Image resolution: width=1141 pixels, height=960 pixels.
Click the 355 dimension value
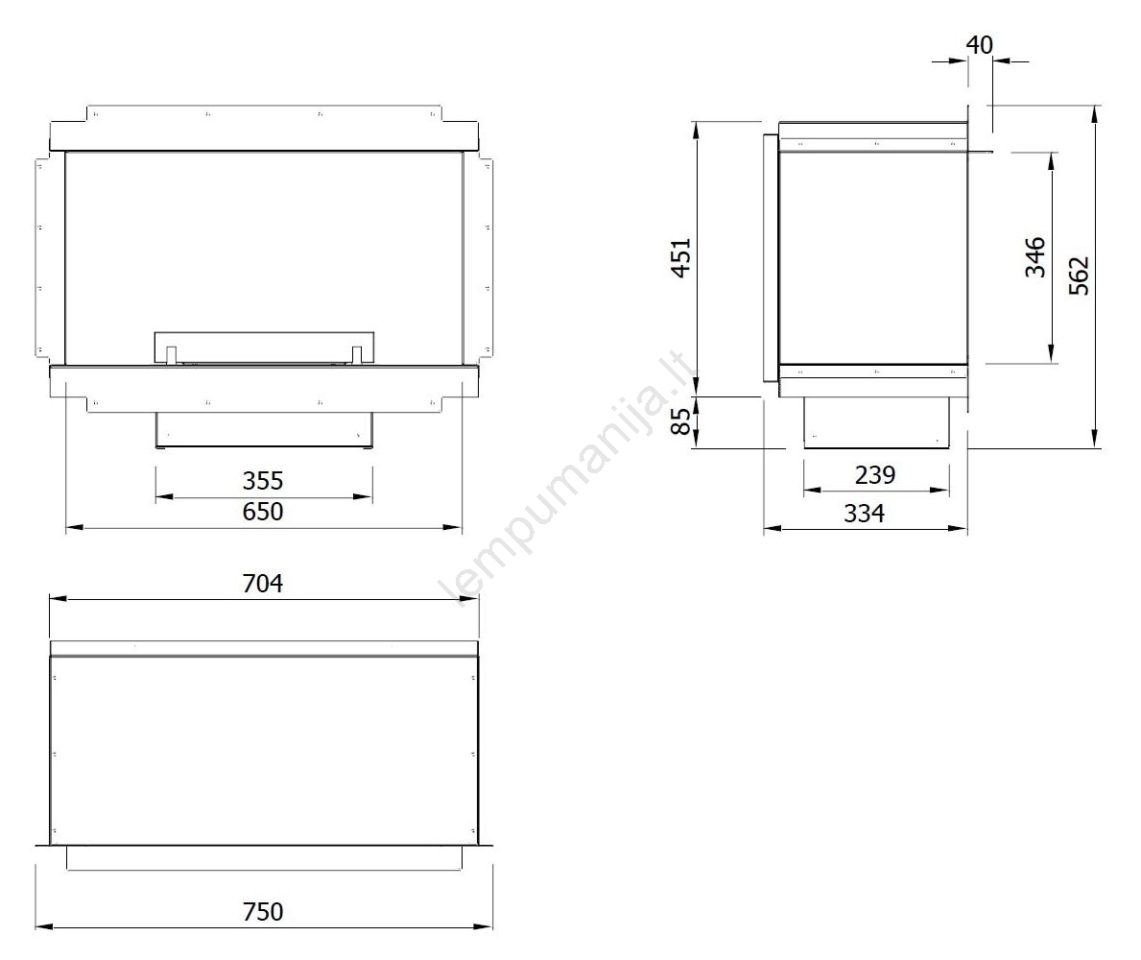pyautogui.click(x=263, y=480)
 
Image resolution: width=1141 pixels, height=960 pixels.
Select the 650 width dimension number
pyautogui.click(x=263, y=512)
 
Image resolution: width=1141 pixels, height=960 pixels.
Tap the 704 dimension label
pyautogui.click(x=263, y=583)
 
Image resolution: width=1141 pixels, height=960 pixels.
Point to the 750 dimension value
pyautogui.click(x=263, y=911)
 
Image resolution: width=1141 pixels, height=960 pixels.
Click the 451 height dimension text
pyautogui.click(x=681, y=257)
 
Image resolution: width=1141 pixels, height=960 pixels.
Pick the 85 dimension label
pyautogui.click(x=681, y=421)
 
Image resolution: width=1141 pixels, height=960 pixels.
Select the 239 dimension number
pyautogui.click(x=874, y=474)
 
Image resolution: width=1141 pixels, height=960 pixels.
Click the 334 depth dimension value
pyautogui.click(x=865, y=513)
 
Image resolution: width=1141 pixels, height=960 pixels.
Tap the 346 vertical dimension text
pyautogui.click(x=1034, y=257)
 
